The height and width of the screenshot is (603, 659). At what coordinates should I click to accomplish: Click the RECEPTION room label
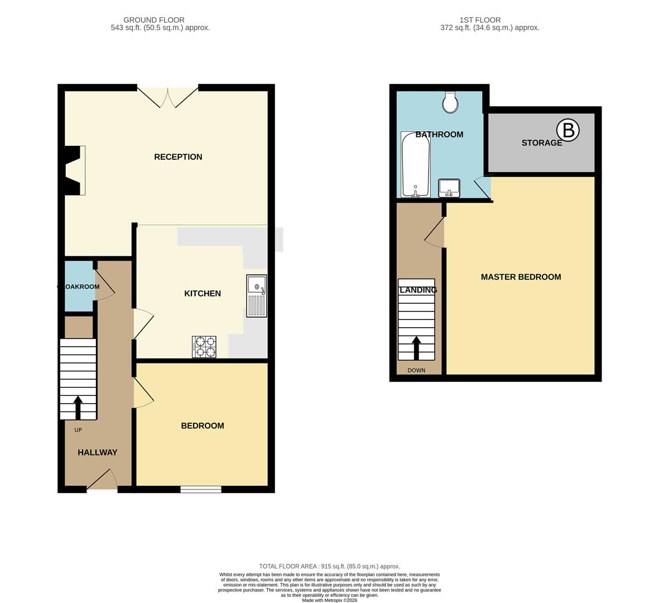(178, 157)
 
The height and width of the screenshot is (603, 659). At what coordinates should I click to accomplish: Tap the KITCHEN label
(203, 294)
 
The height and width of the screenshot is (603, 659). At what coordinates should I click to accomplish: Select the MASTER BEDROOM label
(521, 277)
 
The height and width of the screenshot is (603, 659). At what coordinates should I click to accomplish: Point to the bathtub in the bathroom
(416, 165)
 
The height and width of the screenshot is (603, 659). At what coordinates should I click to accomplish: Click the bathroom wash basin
(449, 188)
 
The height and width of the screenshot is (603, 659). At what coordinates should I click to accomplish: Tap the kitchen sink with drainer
(257, 296)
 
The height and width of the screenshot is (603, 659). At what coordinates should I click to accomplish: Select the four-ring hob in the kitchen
(204, 347)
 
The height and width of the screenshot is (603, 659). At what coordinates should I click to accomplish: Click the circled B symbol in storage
(569, 131)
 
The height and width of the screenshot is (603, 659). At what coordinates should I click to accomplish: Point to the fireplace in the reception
(74, 170)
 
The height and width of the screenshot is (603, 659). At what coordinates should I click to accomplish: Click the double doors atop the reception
(167, 97)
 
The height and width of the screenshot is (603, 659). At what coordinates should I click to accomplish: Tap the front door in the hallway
(102, 481)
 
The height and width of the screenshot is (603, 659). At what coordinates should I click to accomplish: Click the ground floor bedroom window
(201, 490)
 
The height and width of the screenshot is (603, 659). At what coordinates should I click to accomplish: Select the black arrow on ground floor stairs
(78, 408)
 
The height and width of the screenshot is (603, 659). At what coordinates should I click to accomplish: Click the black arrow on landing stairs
(416, 348)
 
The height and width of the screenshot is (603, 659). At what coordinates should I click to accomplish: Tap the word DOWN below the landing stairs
(416, 370)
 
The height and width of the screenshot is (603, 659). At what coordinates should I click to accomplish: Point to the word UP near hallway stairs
(78, 430)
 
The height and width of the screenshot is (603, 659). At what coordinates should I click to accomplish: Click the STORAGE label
(541, 143)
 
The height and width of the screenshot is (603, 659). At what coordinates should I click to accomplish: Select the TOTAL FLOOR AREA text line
(329, 566)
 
